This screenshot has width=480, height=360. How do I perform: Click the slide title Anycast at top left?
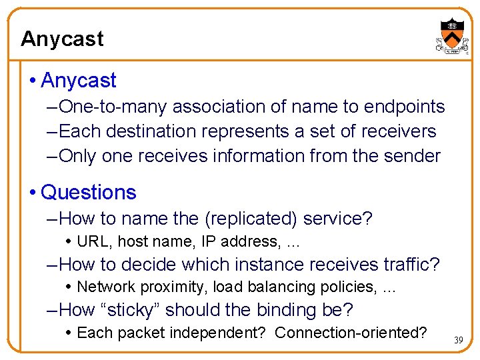[62, 39]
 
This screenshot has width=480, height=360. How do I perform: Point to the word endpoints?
[404, 107]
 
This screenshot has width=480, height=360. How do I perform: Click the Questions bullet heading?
[88, 193]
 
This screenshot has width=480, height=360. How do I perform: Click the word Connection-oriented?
[351, 333]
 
